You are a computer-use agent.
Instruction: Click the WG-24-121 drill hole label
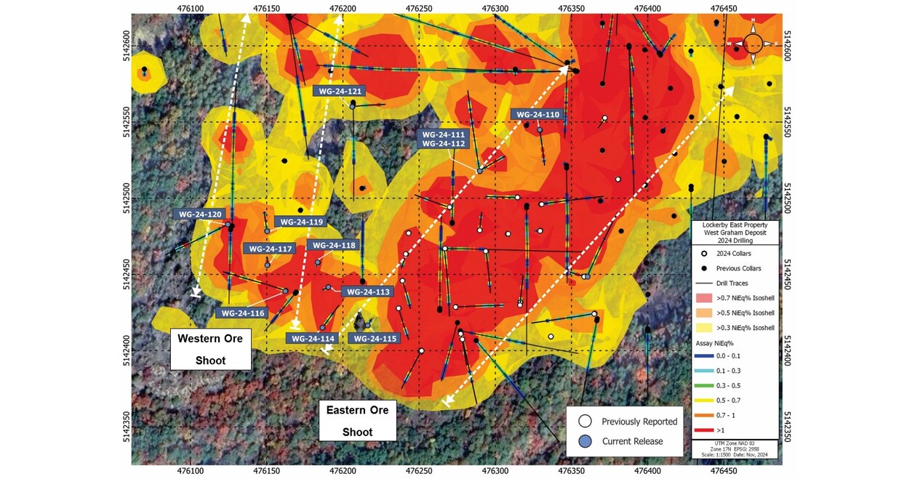pos(338,91)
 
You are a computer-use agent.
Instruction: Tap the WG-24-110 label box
pos(537,115)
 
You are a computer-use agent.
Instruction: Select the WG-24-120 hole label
pos(199,214)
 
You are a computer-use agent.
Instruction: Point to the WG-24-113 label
pos(367,291)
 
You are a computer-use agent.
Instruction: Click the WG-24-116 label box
pos(241,313)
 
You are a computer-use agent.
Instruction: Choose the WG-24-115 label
pos(373,338)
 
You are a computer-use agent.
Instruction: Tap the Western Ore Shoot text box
pos(211,349)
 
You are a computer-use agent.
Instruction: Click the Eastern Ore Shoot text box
pos(357,420)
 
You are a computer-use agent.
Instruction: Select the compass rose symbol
pos(753,44)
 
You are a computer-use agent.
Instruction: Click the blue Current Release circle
pos(585,441)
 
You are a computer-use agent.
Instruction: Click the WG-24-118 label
pos(335,246)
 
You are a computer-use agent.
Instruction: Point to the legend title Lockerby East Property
pos(735,225)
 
